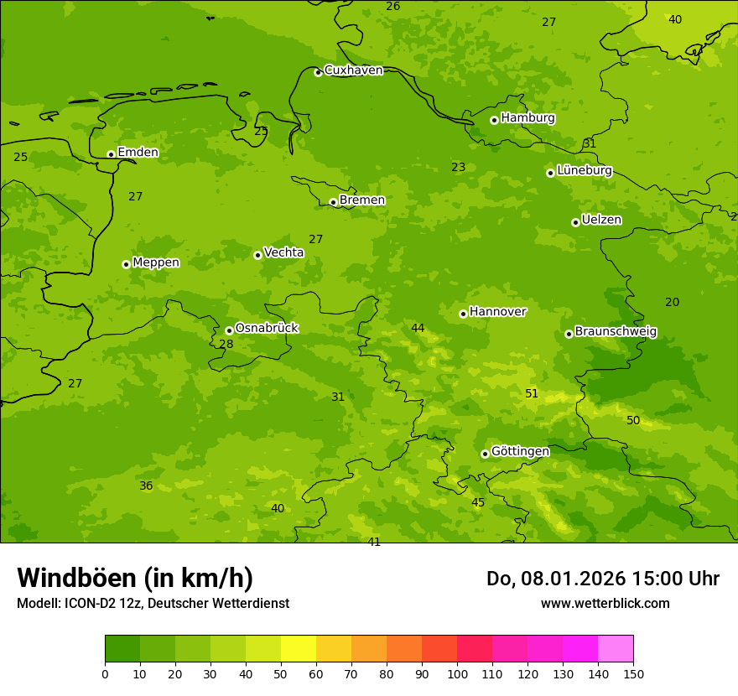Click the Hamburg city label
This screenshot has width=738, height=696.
[528, 118]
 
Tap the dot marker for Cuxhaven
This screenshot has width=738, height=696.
[318, 72]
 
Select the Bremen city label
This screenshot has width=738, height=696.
[361, 200]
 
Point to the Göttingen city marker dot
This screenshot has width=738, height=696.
[485, 454]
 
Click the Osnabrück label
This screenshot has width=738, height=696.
[267, 328]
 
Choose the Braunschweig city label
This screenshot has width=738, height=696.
[616, 332]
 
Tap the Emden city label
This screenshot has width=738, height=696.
[138, 153]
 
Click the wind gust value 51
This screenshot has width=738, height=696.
[532, 394]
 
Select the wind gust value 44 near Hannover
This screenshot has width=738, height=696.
[418, 329]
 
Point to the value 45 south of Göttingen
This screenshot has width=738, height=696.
[478, 503]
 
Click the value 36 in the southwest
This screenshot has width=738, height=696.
[146, 486]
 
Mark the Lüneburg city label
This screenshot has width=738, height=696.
[584, 170]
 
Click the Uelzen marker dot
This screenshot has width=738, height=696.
[575, 222]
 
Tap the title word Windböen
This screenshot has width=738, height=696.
[76, 578]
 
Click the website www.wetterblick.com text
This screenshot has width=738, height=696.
[605, 604]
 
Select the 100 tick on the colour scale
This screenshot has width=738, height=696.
[457, 673]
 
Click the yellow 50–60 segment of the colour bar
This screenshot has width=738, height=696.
[298, 648]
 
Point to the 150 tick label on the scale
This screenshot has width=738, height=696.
[633, 673]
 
